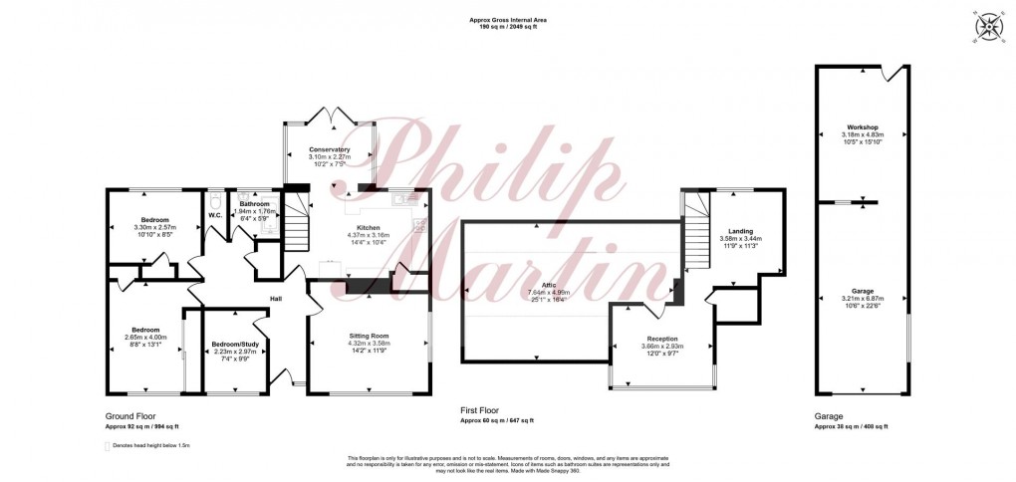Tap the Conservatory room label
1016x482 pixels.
click(329, 149)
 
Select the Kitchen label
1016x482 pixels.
click(369, 227)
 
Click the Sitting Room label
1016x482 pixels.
click(369, 337)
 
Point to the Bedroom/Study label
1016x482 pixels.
click(235, 345)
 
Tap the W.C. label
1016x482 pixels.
click(214, 215)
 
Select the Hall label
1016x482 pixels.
click(277, 298)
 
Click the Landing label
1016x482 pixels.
click(740, 231)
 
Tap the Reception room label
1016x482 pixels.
click(662, 339)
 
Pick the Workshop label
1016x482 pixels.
click(863, 127)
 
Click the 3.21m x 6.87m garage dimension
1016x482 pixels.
click(863, 299)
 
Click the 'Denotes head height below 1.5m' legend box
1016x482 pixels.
click(108, 447)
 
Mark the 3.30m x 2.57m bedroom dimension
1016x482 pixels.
click(154, 227)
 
